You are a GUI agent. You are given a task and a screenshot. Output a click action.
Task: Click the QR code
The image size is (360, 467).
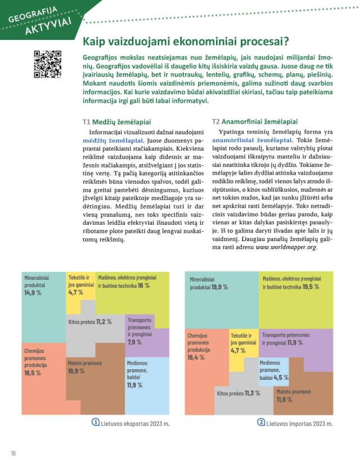(x=48, y=64)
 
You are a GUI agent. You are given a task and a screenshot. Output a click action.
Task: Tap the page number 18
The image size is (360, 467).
(x=12, y=453)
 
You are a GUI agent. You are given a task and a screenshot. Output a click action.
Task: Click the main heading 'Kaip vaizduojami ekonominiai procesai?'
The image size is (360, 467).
(x=186, y=41)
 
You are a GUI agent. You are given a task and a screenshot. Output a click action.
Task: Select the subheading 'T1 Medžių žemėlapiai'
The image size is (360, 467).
(x=116, y=121)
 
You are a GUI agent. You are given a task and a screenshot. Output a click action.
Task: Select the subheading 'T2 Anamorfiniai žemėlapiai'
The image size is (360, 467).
(x=255, y=121)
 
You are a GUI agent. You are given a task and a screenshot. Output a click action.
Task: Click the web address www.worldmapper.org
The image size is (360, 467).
(x=286, y=247)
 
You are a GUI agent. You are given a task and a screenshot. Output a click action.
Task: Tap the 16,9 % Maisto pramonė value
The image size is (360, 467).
(x=77, y=371)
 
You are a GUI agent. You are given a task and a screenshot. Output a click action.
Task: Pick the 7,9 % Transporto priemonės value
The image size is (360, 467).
(x=134, y=342)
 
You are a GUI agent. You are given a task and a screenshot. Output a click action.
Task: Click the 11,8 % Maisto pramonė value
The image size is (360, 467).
(x=285, y=400)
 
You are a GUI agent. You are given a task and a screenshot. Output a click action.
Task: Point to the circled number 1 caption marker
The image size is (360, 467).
(x=97, y=422)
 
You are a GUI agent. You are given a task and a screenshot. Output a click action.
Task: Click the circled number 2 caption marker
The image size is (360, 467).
(x=261, y=422)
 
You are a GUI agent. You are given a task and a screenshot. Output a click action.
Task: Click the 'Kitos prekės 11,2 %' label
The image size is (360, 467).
(x=90, y=322)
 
